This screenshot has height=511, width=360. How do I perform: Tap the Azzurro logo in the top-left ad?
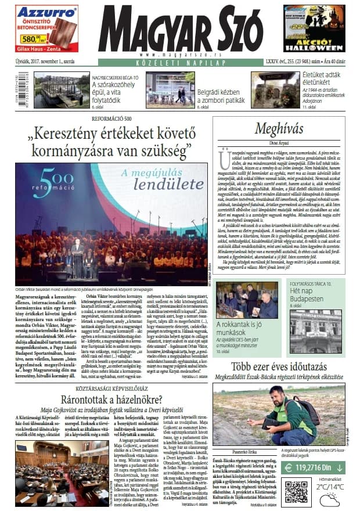pos(47,12)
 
